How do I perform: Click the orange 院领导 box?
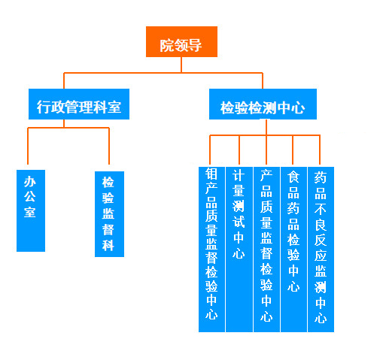pyautogui.click(x=181, y=41)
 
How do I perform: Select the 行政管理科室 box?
pyautogui.click(x=79, y=104)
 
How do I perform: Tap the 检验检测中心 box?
pyautogui.click(x=263, y=104)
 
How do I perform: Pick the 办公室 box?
pyautogui.click(x=31, y=210)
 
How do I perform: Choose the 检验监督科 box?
pyautogui.click(x=109, y=214)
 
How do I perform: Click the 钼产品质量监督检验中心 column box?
pyautogui.click(x=211, y=250)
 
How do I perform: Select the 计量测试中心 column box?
pyautogui.click(x=239, y=250)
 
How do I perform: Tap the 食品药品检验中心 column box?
pyautogui.click(x=293, y=250)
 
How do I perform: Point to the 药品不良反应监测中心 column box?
pyautogui.click(x=321, y=250)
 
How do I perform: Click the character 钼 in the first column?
pyautogui.click(x=211, y=174)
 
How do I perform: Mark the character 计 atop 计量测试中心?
pyautogui.click(x=239, y=175)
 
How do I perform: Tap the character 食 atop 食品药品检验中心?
pyautogui.click(x=293, y=177)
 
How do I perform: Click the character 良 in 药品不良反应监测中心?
pyautogui.click(x=321, y=225)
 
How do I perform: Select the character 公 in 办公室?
pyautogui.click(x=30, y=196)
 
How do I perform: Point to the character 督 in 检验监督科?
pyautogui.click(x=108, y=229)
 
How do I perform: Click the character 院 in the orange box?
pyautogui.click(x=166, y=46)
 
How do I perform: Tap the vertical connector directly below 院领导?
pyautogui.click(x=181, y=65)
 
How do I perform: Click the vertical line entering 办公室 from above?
pyautogui.click(x=28, y=146)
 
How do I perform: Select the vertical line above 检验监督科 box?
pyautogui.click(x=109, y=146)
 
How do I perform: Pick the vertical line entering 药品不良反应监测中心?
pyautogui.click(x=320, y=150)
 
